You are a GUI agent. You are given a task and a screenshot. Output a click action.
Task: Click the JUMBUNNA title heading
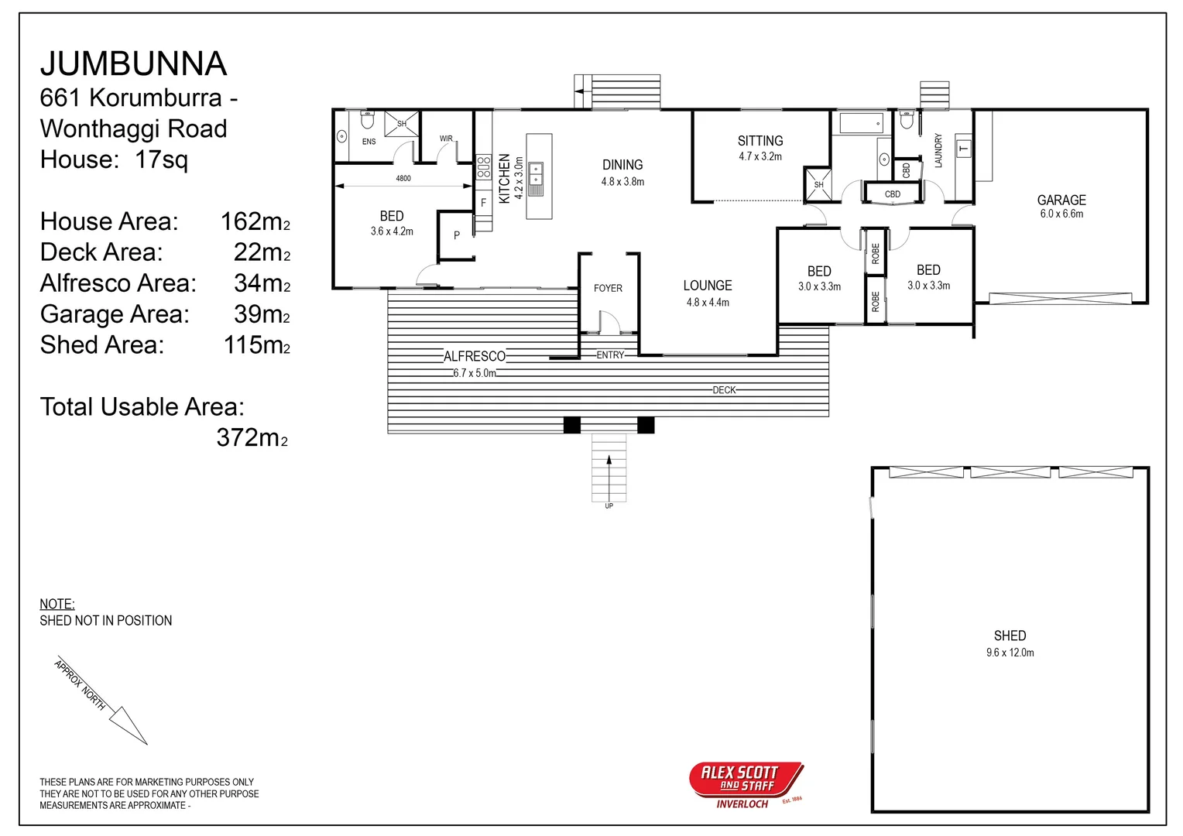[x=133, y=63]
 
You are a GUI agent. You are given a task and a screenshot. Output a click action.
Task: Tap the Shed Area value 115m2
[x=256, y=345]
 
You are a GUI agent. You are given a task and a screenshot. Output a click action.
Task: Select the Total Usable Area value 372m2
[x=252, y=438]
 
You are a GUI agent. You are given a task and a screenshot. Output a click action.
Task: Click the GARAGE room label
[x=1061, y=200]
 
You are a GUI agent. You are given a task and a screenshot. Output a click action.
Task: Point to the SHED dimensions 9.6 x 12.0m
[x=1010, y=653]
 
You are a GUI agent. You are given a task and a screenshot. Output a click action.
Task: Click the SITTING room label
[x=760, y=141]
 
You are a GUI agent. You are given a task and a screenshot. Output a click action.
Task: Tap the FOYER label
[x=608, y=288]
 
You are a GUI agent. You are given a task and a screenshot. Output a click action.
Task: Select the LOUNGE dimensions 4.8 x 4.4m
[x=707, y=303]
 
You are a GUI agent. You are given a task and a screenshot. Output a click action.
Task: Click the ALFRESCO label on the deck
[x=474, y=356]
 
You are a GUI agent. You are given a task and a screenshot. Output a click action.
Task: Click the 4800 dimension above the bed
[x=403, y=178]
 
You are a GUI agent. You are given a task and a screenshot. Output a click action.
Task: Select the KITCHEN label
[x=504, y=178]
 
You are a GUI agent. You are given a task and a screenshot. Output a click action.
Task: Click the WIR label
[x=446, y=139]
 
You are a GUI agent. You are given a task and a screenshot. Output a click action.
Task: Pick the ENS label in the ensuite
[x=369, y=142]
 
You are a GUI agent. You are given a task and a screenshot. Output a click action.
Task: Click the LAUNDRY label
[x=938, y=151]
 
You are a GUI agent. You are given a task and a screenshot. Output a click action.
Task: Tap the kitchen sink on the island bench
[x=536, y=179]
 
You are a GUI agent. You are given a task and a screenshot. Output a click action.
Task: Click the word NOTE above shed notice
[x=57, y=604]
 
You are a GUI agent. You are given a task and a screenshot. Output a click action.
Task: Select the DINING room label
[x=622, y=165]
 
